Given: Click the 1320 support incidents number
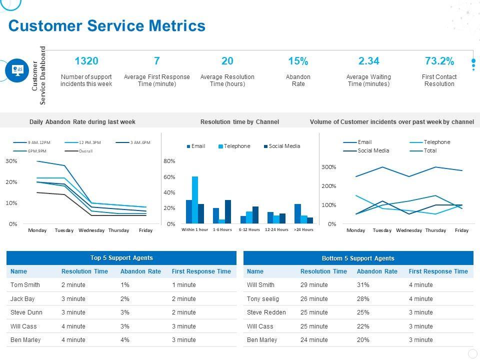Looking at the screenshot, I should point(86,61).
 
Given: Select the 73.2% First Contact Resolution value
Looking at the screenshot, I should point(439,61).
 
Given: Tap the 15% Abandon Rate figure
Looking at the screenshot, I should point(298,61).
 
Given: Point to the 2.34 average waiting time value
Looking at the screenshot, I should point(368,61).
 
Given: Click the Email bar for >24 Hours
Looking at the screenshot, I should point(297,213).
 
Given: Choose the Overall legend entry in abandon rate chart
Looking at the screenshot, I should point(85,151).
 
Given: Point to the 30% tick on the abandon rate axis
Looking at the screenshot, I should point(11,161).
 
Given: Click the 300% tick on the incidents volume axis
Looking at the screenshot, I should point(329,166).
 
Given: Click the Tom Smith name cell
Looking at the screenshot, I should point(25,285).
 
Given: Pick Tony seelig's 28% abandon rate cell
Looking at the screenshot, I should point(363,299).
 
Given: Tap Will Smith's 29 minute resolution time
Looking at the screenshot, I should point(314,285).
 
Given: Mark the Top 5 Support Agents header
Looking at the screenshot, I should point(121,258).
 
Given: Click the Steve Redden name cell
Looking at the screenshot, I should point(266,312).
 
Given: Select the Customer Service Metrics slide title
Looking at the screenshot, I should point(107,26).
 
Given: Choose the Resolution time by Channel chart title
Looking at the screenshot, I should point(239,122).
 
